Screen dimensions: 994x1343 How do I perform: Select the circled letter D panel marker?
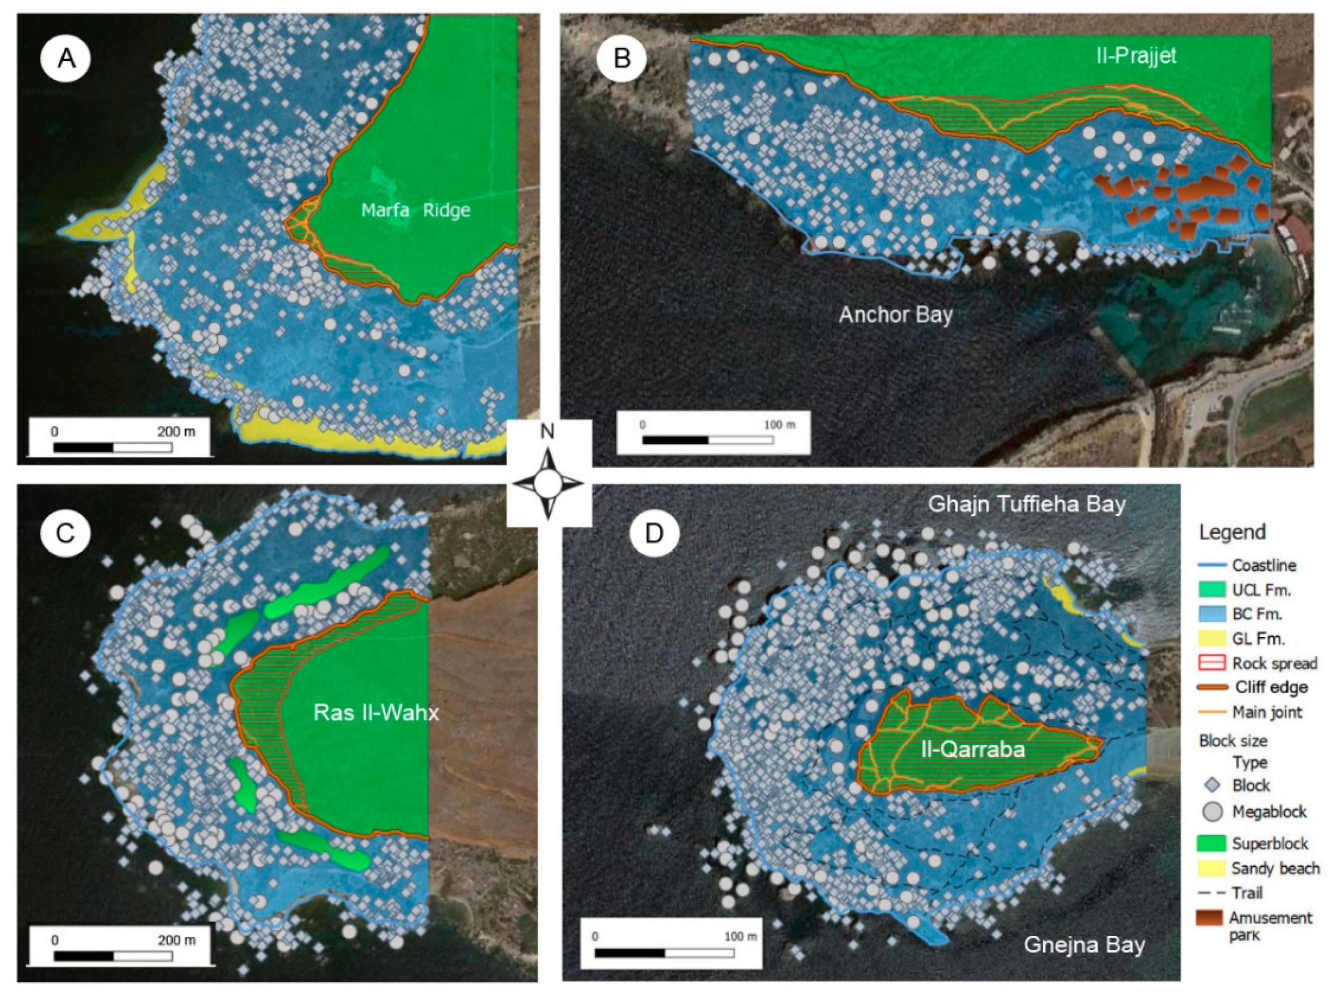pyautogui.click(x=655, y=533)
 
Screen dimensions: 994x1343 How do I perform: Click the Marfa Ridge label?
pyautogui.click(x=415, y=210)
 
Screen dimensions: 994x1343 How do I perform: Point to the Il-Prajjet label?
pyautogui.click(x=1135, y=56)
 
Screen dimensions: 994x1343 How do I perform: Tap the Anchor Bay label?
pyautogui.click(x=895, y=315)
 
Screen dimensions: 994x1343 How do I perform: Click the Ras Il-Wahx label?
pyautogui.click(x=376, y=713)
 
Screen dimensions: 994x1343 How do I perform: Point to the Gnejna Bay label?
pyautogui.click(x=1084, y=945)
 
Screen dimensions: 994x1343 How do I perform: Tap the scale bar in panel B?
pyautogui.click(x=707, y=440)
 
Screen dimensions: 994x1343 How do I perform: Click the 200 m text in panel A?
pyautogui.click(x=176, y=431)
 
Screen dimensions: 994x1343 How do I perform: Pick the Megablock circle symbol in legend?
pyautogui.click(x=1213, y=812)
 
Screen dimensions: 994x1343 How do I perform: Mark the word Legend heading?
pyautogui.click(x=1232, y=532)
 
